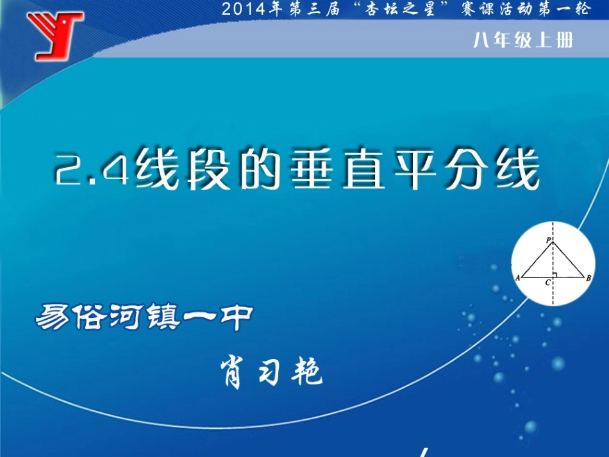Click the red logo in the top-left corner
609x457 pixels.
pyautogui.click(x=55, y=35)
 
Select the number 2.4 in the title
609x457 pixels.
pyautogui.click(x=93, y=171)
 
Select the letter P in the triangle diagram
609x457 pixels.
pyautogui.click(x=549, y=239)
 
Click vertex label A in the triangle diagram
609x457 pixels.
pyautogui.click(x=517, y=278)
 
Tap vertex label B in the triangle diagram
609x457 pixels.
pyautogui.click(x=588, y=278)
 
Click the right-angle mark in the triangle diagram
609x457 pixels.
pyautogui.click(x=555, y=275)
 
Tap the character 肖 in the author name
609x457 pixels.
pyautogui.click(x=231, y=372)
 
